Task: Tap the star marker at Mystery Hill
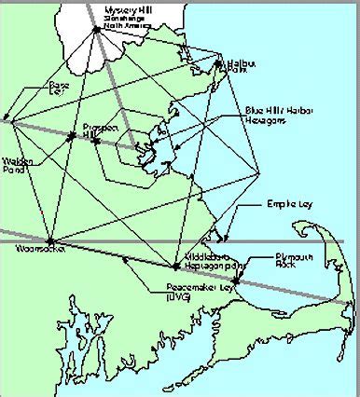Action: [x=96, y=29]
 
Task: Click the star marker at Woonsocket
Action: [x=50, y=240]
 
